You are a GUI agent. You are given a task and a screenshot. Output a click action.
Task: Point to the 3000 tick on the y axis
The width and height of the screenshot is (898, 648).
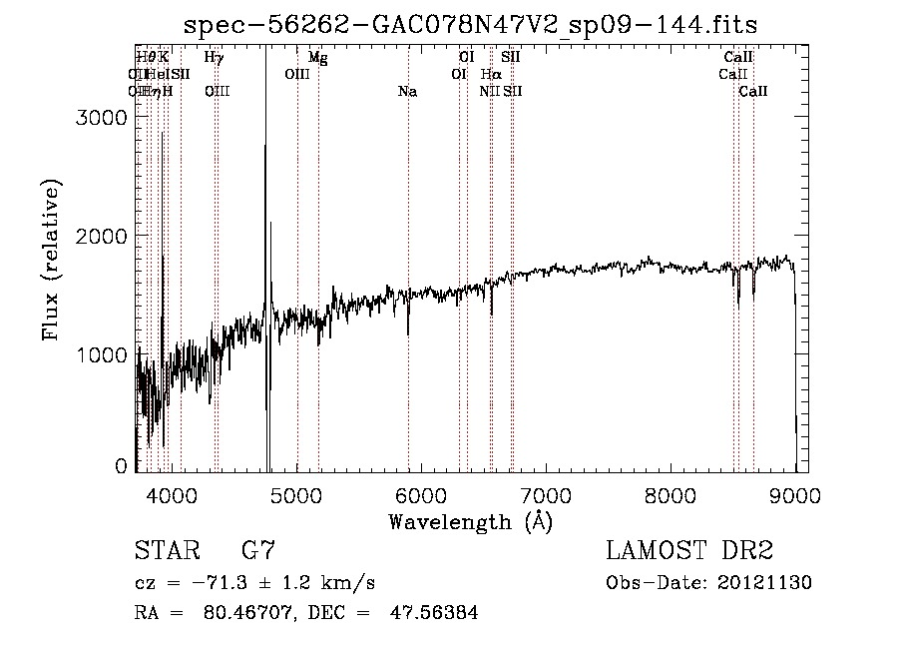[x=104, y=117]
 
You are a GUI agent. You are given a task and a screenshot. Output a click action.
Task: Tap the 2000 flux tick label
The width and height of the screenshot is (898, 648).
[x=104, y=236]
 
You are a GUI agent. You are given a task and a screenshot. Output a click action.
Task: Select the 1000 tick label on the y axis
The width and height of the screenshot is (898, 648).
[x=104, y=354]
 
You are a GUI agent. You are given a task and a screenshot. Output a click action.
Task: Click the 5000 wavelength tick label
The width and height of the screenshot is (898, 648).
[x=296, y=493]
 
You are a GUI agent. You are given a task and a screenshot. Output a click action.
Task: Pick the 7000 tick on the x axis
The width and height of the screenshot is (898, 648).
[x=546, y=493]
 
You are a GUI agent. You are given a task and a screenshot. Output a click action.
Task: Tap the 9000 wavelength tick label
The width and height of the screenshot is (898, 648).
[x=795, y=493]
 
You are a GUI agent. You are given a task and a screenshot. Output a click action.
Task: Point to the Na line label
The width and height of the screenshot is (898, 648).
[x=407, y=92]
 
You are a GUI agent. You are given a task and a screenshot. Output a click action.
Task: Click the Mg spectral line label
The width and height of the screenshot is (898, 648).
[x=317, y=58]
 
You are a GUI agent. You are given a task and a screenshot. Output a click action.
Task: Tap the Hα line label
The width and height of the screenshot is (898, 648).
[x=491, y=75]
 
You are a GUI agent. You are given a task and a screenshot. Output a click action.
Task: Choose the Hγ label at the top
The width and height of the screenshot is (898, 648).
[x=214, y=58]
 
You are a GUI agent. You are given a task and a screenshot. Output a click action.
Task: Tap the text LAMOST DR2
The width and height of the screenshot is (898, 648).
[x=689, y=551]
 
